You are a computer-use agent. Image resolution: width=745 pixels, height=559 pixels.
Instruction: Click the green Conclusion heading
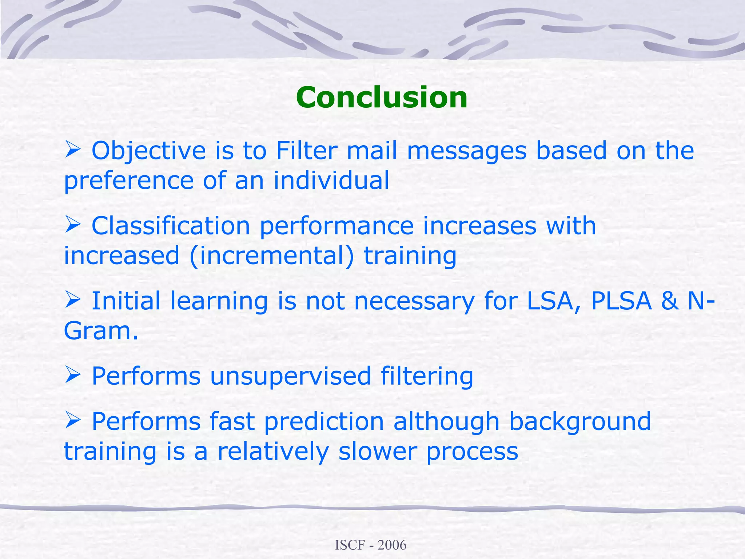[x=382, y=98]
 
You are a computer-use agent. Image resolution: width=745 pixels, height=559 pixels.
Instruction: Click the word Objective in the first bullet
[x=148, y=151]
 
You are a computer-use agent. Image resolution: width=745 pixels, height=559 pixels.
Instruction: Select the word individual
[x=331, y=181]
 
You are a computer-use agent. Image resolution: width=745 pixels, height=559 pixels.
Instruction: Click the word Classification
[x=171, y=226]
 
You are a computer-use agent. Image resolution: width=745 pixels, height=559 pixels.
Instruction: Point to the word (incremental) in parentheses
[x=271, y=256]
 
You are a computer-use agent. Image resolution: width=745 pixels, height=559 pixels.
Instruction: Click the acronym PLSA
[x=621, y=301]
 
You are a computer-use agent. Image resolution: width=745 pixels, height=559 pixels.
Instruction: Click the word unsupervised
[x=290, y=376]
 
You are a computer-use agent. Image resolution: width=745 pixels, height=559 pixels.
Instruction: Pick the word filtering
[x=427, y=376]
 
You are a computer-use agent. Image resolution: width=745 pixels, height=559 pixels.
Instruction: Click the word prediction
[x=324, y=422]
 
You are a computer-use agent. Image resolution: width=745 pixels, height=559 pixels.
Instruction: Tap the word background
[x=579, y=422]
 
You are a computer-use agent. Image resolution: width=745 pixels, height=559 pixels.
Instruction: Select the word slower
[x=377, y=452]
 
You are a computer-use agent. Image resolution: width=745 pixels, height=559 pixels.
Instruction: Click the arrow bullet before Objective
[x=72, y=150]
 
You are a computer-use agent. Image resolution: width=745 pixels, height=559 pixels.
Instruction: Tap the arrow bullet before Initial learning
[x=72, y=301]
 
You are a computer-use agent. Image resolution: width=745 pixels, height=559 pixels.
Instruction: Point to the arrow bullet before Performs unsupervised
[x=72, y=376]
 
